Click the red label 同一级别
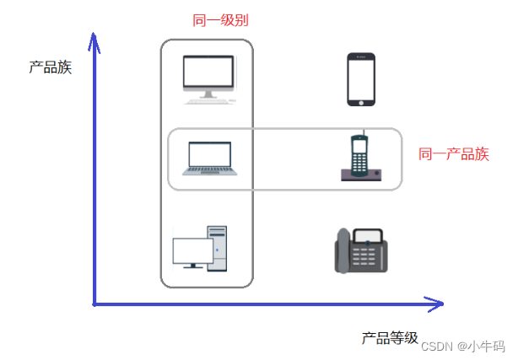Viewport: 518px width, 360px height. [x=221, y=19]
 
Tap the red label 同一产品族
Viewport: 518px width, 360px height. [x=454, y=154]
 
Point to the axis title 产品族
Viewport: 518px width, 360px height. [x=50, y=67]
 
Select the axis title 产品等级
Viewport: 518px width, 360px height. [x=390, y=338]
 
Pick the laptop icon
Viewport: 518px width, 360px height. [x=208, y=158]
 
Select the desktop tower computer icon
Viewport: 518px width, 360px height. [x=200, y=249]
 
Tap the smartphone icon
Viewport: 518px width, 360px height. [x=361, y=79]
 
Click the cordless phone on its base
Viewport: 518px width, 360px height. [x=360, y=159]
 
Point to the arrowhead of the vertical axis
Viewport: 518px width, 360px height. [x=94, y=37]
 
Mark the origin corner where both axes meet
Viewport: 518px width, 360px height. [x=94, y=303]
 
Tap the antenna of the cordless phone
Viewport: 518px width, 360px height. [x=360, y=136]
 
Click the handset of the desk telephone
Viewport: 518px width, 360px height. [x=342, y=251]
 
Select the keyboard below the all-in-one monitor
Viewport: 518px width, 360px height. [x=208, y=99]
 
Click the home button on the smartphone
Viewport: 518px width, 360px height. [x=361, y=101]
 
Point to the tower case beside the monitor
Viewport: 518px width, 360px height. [x=217, y=249]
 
